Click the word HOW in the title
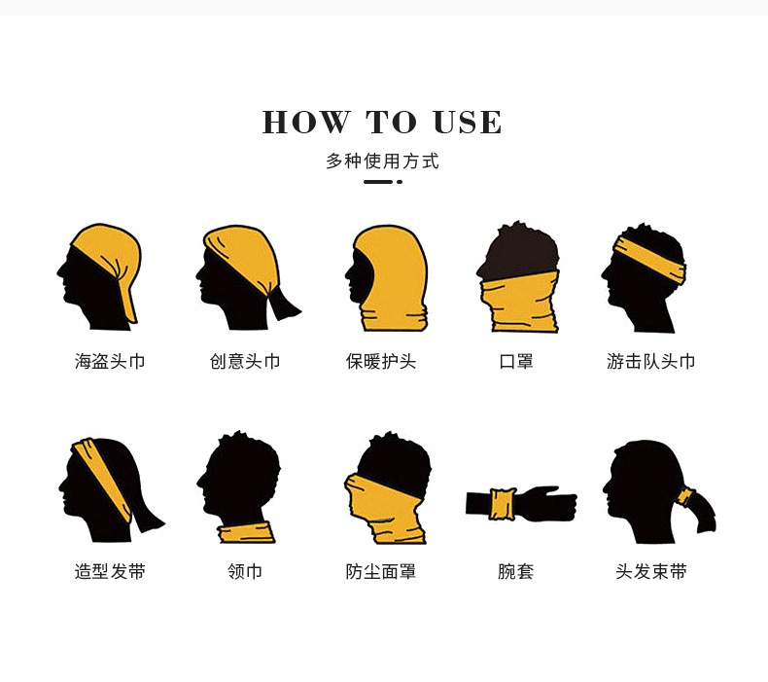pos(305,123)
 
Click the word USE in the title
pos(468,123)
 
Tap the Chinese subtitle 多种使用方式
pos(383,162)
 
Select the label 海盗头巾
pos(110,362)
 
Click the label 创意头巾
pos(245,362)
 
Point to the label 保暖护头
pos(381,362)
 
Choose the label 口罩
pos(516,362)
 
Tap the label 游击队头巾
pos(651,362)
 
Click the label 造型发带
pos(110,572)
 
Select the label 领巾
pos(245,572)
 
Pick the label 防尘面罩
pos(381,572)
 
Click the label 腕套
pos(516,572)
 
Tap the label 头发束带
pos(651,572)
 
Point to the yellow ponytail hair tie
pos(686,498)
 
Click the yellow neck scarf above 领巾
pos(246,531)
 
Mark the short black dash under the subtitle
pos(378,182)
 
